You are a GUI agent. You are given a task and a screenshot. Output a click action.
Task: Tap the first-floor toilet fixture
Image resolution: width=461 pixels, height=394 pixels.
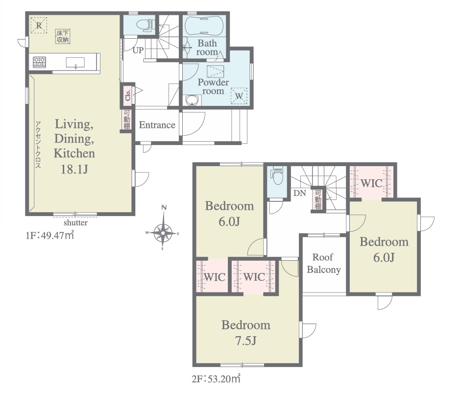145,25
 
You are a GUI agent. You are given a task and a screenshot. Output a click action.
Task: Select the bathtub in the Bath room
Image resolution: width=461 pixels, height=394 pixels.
204,26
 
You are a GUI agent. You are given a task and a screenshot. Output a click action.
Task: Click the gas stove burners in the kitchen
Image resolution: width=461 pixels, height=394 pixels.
39,62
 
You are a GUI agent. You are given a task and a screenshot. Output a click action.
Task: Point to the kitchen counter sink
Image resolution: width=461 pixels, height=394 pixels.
75,63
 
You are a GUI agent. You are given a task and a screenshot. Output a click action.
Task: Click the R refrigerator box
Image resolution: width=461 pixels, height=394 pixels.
39,25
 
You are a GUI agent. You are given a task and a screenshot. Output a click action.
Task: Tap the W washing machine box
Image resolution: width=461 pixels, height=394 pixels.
239,96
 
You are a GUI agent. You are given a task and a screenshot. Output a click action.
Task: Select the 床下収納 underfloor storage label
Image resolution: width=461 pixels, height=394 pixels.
63,36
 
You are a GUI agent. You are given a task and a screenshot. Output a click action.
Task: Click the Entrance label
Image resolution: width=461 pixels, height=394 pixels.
157,125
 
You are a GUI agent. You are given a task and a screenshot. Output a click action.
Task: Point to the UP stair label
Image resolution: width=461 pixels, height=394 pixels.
138,50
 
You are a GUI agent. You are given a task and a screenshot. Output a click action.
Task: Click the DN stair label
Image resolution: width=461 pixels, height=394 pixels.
300,193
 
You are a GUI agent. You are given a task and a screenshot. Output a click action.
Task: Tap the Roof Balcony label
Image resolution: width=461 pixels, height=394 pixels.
323,264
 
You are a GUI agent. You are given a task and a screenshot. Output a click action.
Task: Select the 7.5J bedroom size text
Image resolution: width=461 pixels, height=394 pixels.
246,341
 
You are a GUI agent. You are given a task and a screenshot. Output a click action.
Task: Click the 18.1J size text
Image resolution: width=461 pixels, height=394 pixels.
74,170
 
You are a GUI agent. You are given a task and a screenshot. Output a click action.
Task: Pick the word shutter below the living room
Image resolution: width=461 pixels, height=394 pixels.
75,222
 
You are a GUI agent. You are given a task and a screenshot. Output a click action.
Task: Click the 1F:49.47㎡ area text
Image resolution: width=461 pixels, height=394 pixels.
50,236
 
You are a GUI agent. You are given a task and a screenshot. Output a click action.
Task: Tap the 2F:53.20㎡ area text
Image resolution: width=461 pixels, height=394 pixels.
216,379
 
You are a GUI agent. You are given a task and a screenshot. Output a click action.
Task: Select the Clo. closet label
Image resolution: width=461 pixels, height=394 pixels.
127,95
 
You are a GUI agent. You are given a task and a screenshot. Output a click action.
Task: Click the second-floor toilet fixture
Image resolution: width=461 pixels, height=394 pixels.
278,175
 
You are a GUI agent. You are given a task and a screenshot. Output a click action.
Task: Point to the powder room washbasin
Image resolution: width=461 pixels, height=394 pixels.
192,100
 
